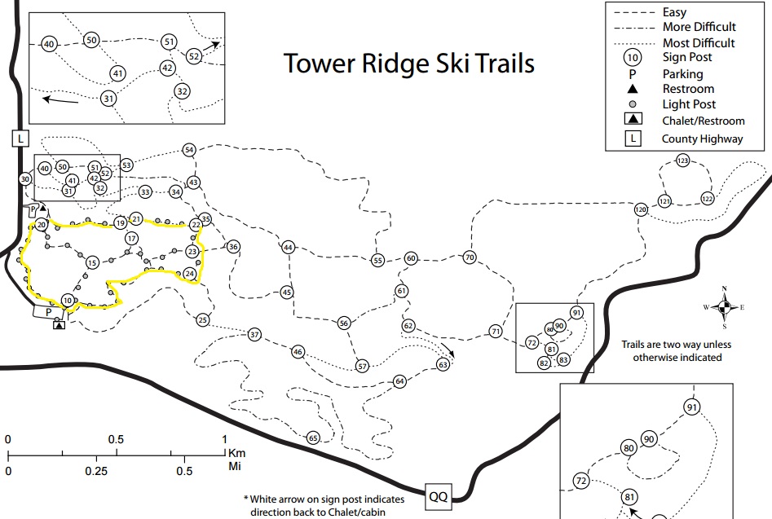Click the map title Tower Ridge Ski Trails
pos(408,64)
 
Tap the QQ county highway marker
pos(438,495)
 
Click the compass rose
pos(723,307)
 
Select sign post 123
pos(683,161)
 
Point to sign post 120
pos(641,209)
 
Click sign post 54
pos(189,150)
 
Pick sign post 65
pos(313,438)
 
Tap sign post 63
pos(443,364)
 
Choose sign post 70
pos(469,257)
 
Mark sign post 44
pos(288,247)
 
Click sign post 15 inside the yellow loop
pos(92,262)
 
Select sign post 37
pos(254,335)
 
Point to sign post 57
pos(363,366)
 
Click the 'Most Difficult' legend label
pos(698,42)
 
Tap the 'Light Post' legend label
pos(689,104)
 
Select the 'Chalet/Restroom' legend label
pos(704,121)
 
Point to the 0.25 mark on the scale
pos(96,471)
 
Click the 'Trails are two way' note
pos(671,350)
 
